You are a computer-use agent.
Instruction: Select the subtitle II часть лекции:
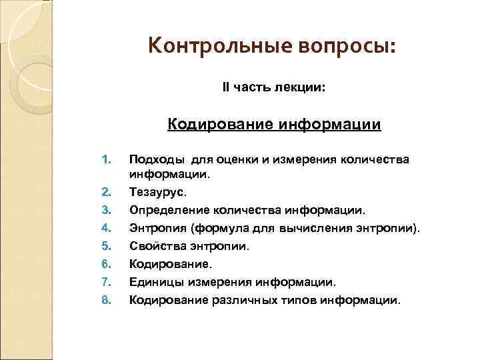click(x=274, y=87)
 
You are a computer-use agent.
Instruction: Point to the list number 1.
click(x=104, y=159)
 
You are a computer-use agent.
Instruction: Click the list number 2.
click(x=104, y=193)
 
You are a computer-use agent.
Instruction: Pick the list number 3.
click(x=104, y=211)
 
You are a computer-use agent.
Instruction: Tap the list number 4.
click(x=104, y=229)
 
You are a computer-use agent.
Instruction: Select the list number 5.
click(x=104, y=246)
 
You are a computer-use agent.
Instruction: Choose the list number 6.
click(x=104, y=264)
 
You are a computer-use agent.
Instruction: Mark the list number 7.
click(x=104, y=282)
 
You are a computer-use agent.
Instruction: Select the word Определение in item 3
click(x=165, y=211)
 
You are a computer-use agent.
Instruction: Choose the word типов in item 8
click(x=298, y=300)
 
